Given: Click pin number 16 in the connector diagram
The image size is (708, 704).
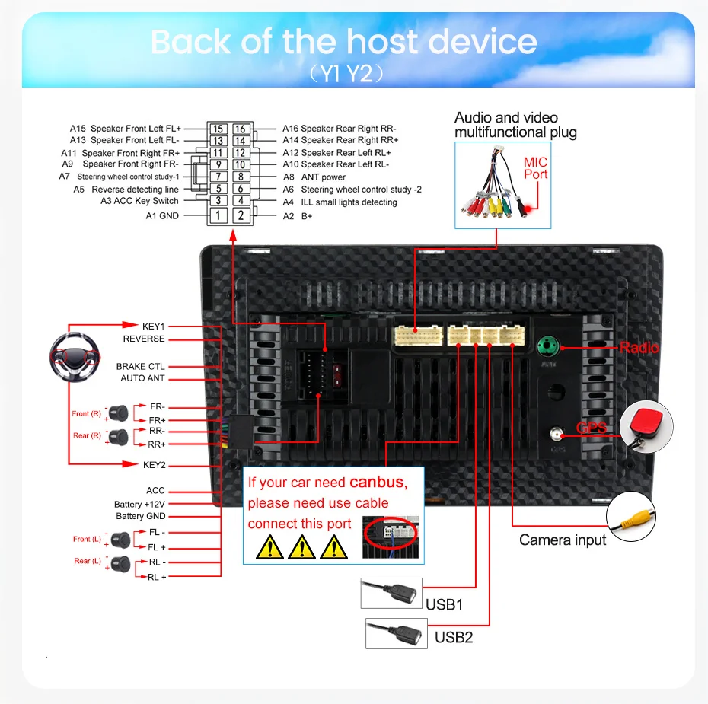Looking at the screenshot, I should [x=240, y=129].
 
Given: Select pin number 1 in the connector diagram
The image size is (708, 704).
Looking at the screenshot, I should [x=218, y=215].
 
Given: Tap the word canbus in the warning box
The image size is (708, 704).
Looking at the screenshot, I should [x=378, y=483].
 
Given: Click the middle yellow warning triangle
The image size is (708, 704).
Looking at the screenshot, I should [x=302, y=546].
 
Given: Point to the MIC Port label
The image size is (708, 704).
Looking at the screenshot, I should [x=535, y=168].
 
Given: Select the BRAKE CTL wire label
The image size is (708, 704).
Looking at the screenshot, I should [x=141, y=367].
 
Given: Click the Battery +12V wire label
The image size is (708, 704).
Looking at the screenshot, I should [x=139, y=505].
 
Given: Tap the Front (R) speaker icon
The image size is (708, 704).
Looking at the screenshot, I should [x=117, y=413].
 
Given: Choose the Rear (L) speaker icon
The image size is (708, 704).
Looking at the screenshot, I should [x=120, y=565].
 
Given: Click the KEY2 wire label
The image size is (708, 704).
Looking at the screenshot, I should [x=154, y=465].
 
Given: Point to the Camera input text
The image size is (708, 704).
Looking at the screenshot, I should [x=563, y=540].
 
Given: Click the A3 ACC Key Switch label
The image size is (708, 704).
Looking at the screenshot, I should [x=139, y=201].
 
